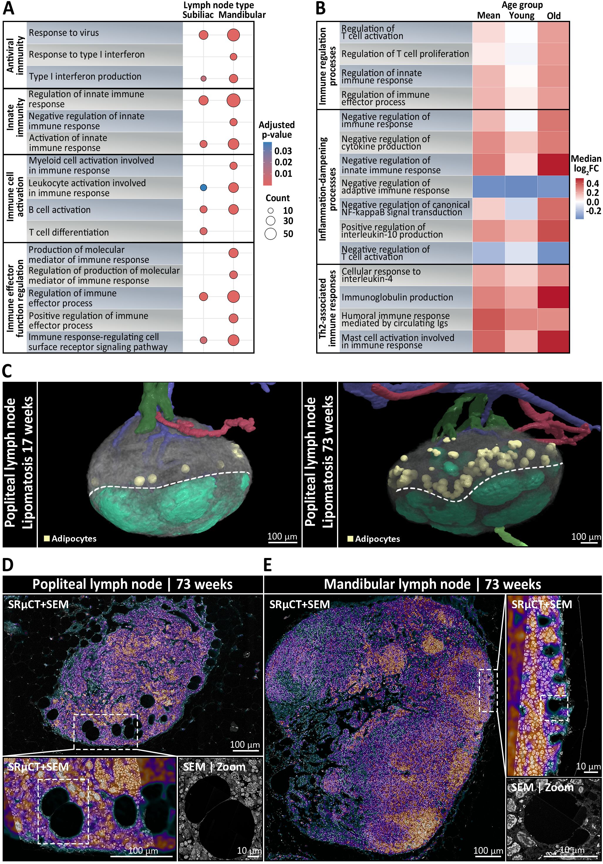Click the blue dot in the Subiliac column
pos(203,187)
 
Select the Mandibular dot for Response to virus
pos(233,35)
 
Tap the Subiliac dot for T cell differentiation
pos(203,231)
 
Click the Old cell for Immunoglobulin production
pos(553,297)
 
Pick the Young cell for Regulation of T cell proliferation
pos(521,54)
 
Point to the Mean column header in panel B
pos(488,16)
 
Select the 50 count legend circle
pos(270,234)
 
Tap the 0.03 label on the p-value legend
pos(283,151)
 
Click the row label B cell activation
pos(60,210)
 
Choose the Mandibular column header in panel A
pos(242,15)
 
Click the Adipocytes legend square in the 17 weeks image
pos(47,539)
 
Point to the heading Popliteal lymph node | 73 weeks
pos(132,584)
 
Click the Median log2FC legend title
pos(586,163)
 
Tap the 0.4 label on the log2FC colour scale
pos(592,183)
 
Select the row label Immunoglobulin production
pos(397,297)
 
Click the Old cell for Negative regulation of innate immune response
pos(553,164)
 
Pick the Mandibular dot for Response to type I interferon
pos(233,57)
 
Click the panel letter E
pos(268,565)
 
